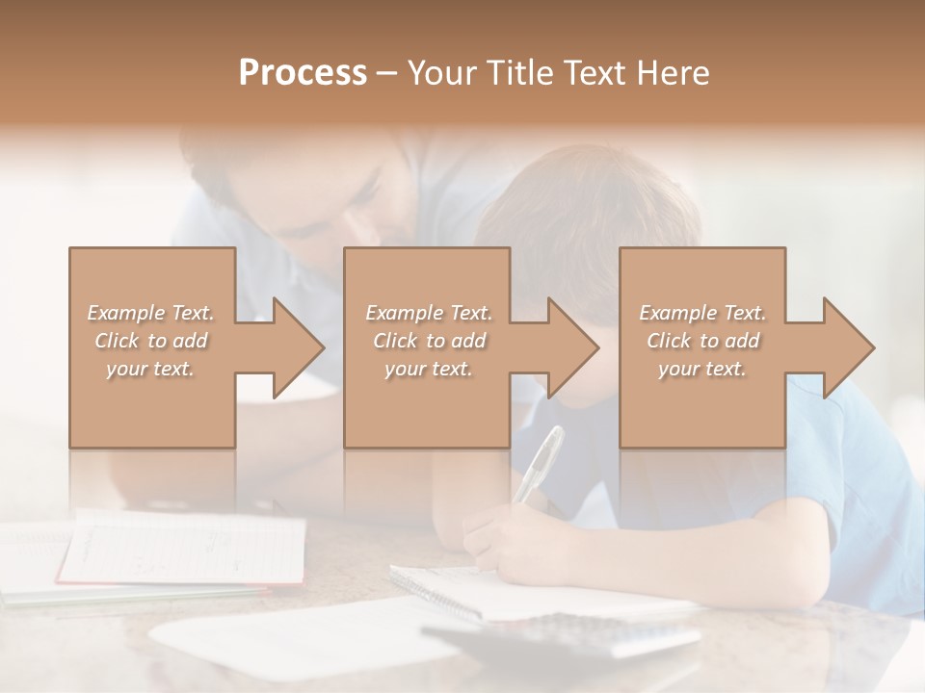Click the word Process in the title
point(303,73)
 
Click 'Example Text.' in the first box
point(150,313)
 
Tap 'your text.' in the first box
point(150,369)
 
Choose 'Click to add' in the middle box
point(428,341)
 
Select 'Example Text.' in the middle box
point(428,313)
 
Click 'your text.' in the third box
point(701,369)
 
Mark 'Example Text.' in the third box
point(701,313)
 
